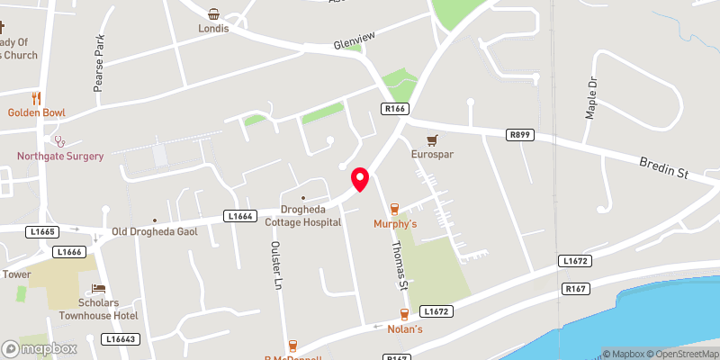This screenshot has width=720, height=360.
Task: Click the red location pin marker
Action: pyautogui.click(x=360, y=179)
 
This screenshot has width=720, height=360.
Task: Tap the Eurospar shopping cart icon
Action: pyautogui.click(x=432, y=140)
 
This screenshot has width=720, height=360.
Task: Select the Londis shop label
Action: pyautogui.click(x=213, y=28)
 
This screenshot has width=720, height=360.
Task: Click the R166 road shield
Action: pyautogui.click(x=395, y=109)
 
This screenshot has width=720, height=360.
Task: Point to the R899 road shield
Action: pyautogui.click(x=520, y=135)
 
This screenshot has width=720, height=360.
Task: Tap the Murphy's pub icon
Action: pyautogui.click(x=394, y=209)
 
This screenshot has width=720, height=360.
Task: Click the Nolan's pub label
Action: pyautogui.click(x=405, y=328)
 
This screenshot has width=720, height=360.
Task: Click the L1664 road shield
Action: pyautogui.click(x=238, y=216)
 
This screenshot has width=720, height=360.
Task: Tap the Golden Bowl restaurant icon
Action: pyautogui.click(x=36, y=98)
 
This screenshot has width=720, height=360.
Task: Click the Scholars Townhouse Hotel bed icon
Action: pyautogui.click(x=98, y=289)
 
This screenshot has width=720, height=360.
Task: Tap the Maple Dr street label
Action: pyautogui.click(x=592, y=94)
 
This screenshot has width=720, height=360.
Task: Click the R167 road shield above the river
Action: pyautogui.click(x=575, y=289)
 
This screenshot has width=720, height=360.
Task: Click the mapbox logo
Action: pyautogui.click(x=40, y=348)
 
